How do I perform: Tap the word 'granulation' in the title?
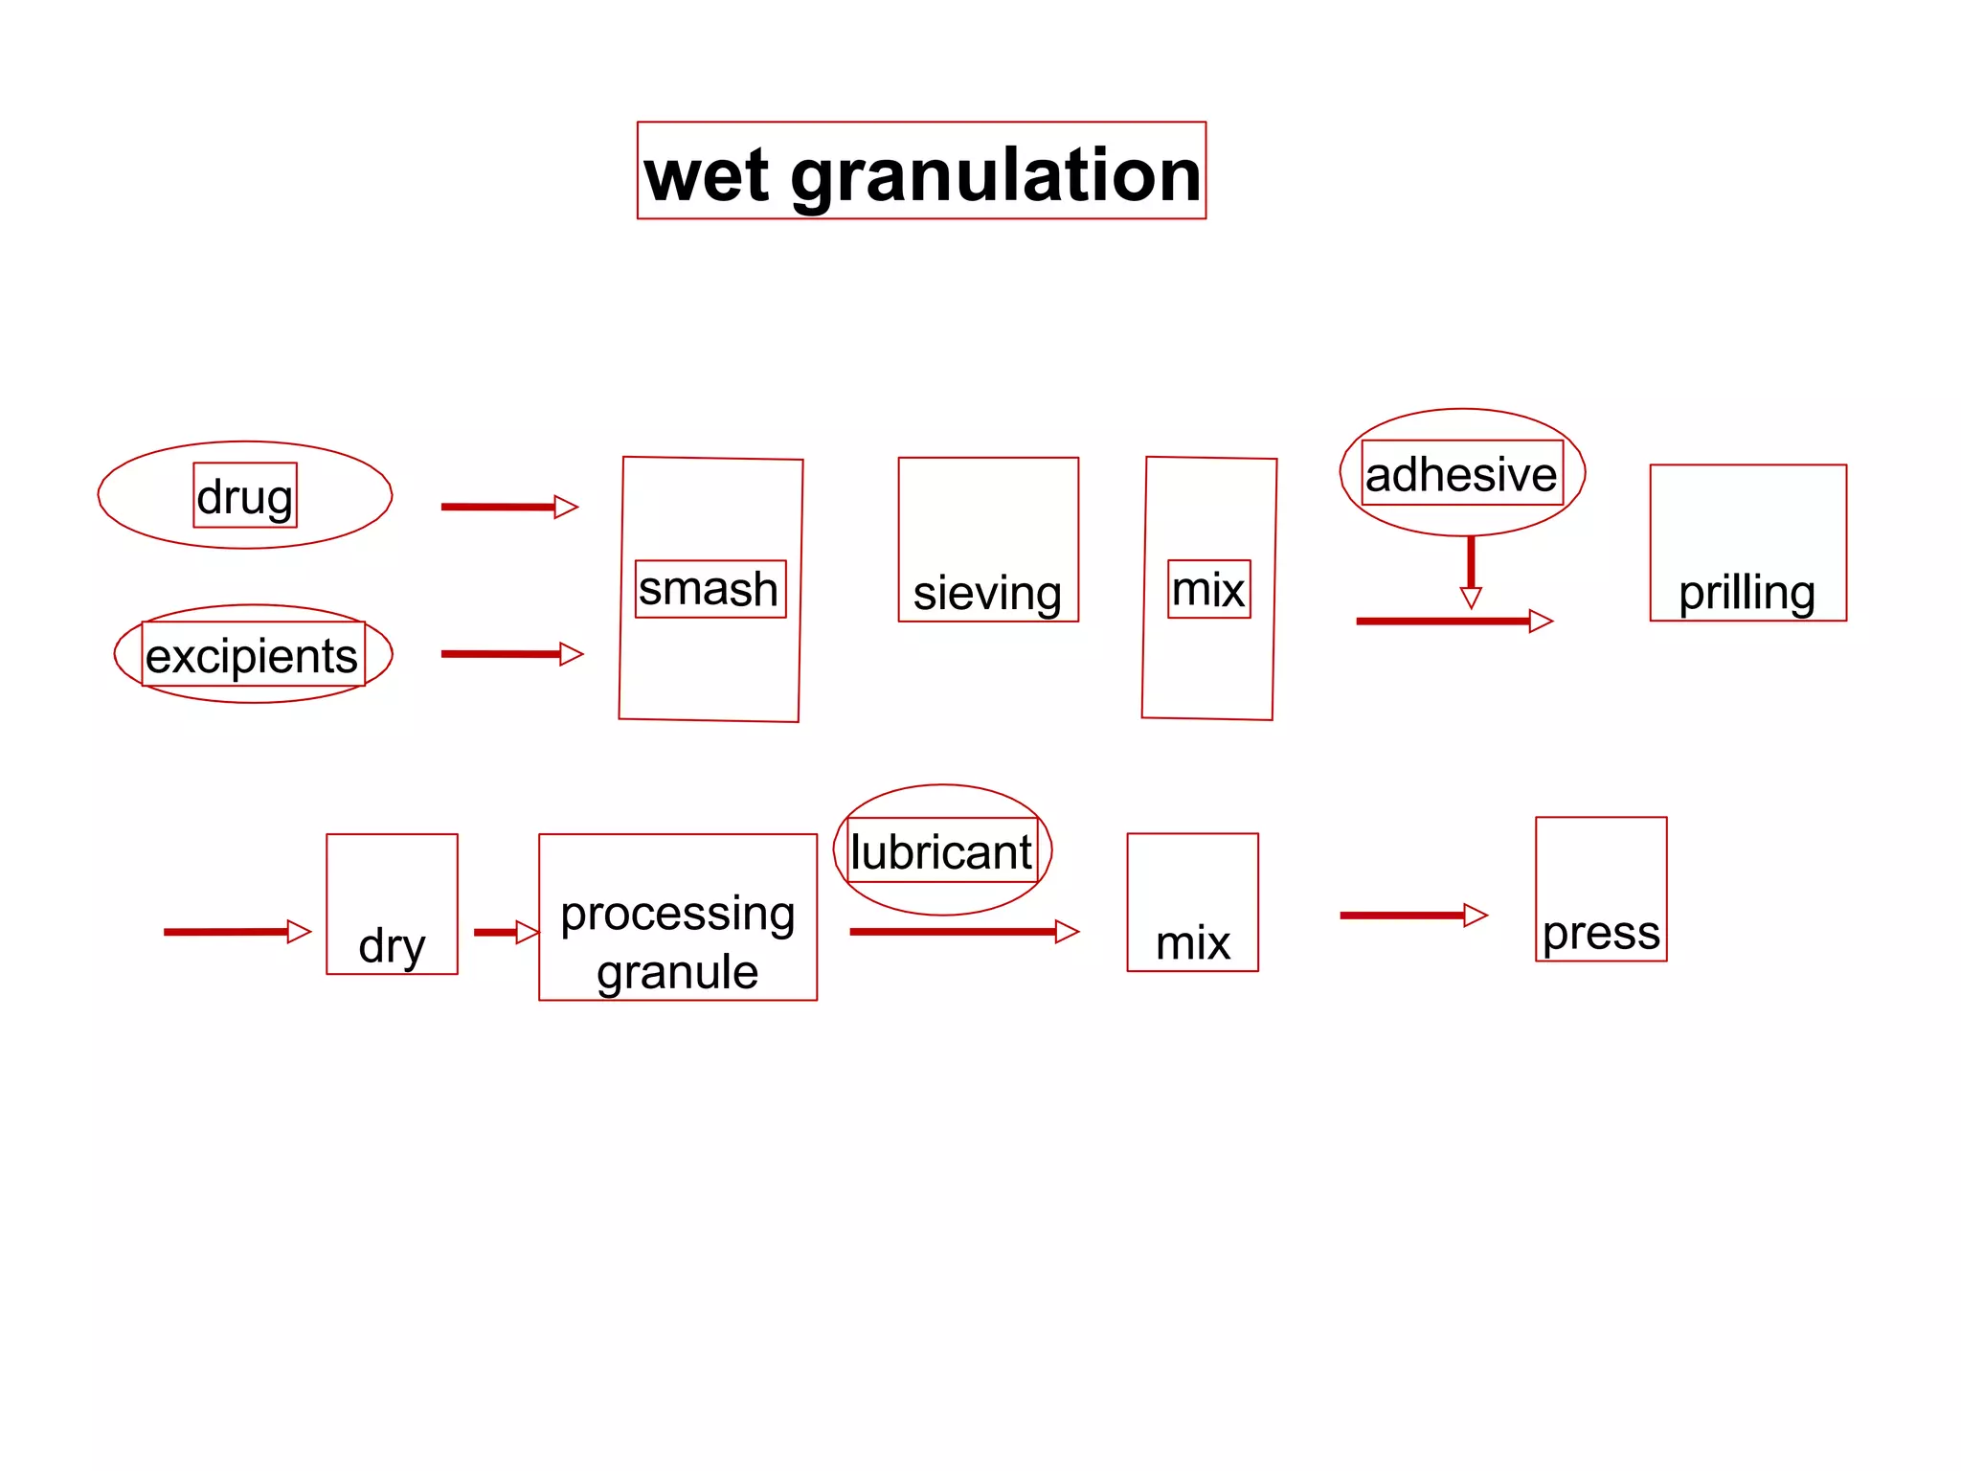[x=996, y=177]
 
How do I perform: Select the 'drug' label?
[x=245, y=497]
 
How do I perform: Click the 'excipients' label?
[x=252, y=656]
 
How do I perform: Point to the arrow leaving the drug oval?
[x=508, y=507]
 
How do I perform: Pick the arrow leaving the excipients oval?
[x=511, y=654]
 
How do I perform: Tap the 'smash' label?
[x=709, y=589]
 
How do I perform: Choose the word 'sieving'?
[x=987, y=593]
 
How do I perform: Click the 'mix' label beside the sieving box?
[x=1208, y=589]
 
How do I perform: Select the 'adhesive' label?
[x=1461, y=474]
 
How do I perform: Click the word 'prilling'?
[x=1747, y=593]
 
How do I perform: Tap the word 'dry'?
[x=392, y=946]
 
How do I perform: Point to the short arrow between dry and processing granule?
[x=506, y=932]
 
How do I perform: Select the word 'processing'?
[x=678, y=913]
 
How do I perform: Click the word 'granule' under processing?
[x=678, y=972]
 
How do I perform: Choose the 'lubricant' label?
[x=942, y=851]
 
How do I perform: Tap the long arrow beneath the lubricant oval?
[x=963, y=932]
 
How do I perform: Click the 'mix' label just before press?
[x=1193, y=943]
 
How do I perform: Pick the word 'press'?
[x=1601, y=933]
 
